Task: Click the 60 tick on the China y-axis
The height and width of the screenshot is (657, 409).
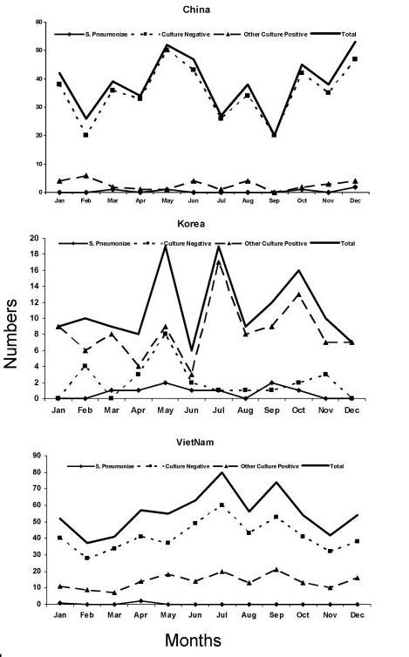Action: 40,21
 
